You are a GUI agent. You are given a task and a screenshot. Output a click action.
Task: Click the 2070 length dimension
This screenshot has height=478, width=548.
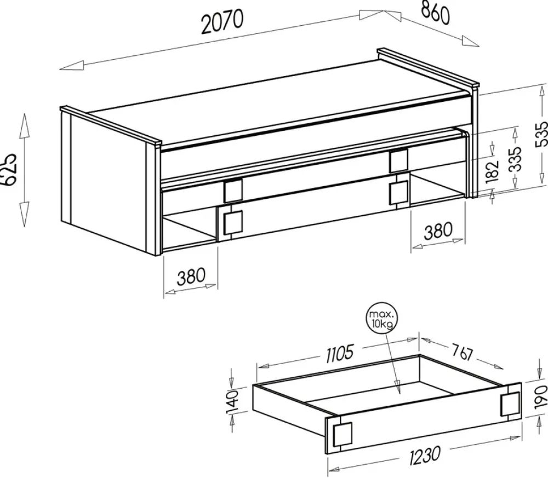(222, 22)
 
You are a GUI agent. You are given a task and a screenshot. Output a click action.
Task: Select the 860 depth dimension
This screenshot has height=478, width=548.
(435, 13)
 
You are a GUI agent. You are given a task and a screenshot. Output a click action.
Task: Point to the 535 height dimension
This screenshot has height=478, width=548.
(541, 135)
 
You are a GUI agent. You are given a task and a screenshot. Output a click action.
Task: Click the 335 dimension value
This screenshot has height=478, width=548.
(515, 159)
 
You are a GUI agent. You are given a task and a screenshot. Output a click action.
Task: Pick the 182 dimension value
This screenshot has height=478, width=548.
(492, 171)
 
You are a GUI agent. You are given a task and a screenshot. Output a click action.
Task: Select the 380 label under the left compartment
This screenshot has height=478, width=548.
(191, 277)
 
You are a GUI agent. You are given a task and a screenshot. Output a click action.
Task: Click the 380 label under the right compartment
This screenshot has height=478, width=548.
(438, 231)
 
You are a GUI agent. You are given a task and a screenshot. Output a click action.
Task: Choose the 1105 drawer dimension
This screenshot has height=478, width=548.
(340, 354)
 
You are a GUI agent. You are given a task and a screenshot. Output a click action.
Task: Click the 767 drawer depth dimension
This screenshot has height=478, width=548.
(462, 352)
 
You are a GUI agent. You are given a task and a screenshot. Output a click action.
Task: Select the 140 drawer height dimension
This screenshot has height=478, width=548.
(232, 401)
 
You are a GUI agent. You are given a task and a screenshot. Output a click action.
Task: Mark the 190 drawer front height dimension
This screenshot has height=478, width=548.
(542, 397)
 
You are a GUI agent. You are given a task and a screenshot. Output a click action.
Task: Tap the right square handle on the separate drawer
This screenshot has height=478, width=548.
(510, 405)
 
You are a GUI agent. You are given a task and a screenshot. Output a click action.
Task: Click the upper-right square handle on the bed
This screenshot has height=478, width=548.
(399, 160)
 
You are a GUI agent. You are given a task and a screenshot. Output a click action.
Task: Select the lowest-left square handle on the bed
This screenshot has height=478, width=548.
(233, 222)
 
